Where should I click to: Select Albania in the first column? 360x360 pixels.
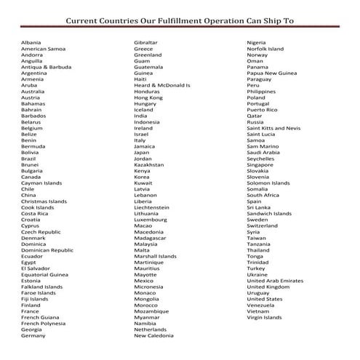coord(31,42)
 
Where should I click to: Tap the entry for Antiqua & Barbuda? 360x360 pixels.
coord(46,67)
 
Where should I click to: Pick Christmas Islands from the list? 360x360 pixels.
coord(44,201)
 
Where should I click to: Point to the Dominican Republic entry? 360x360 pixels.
coord(47,250)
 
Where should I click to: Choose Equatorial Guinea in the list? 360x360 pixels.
coord(45,275)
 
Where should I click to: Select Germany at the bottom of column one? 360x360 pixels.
coord(33,336)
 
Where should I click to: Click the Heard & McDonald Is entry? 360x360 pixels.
coord(162,85)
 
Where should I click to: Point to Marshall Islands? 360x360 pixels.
coord(155,256)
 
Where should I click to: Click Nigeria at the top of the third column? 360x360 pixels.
coord(256,42)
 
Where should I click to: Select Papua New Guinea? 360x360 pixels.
coord(271,73)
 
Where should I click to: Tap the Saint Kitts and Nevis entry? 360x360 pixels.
coord(273,128)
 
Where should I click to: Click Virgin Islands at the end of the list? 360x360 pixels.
coord(264,317)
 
